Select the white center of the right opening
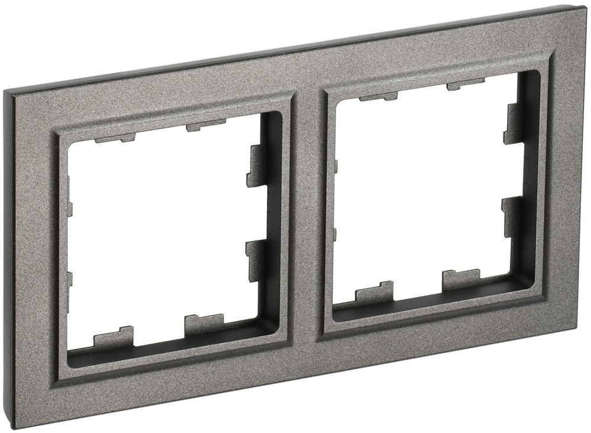click(x=420, y=189)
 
